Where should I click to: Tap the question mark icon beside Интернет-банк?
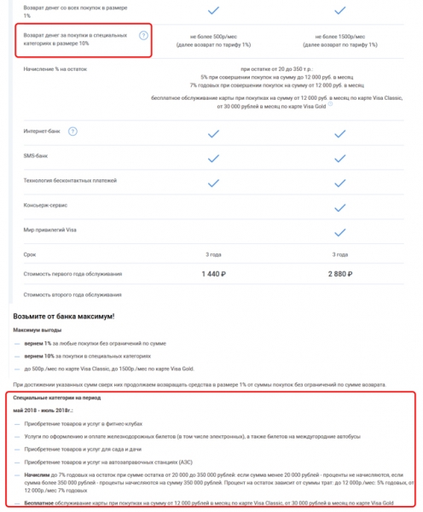[x=72, y=131]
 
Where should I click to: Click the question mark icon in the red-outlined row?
[x=143, y=36]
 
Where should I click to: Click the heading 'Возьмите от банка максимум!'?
[x=64, y=316]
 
